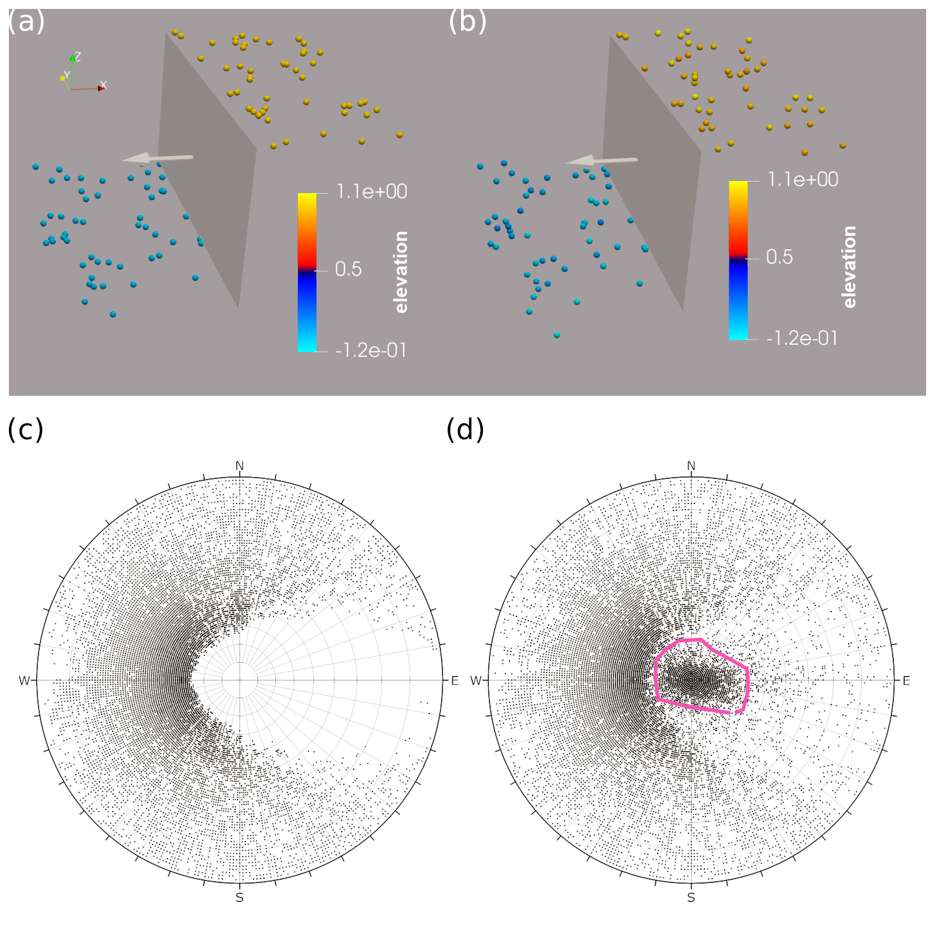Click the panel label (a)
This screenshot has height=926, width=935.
(25, 22)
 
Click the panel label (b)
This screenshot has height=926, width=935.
(467, 22)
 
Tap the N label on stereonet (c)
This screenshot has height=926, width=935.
(239, 466)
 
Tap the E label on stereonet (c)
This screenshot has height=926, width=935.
(455, 681)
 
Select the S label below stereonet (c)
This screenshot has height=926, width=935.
(239, 897)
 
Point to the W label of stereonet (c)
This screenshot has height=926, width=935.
(24, 681)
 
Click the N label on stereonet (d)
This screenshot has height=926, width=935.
(691, 466)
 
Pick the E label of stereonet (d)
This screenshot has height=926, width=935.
(906, 681)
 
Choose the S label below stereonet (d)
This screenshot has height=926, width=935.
(691, 897)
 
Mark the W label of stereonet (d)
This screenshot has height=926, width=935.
(476, 681)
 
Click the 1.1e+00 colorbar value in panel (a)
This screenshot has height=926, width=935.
(372, 191)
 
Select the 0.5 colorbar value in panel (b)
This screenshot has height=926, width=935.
(779, 257)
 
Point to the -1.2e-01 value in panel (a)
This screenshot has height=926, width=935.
(371, 350)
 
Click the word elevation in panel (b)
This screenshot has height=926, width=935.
(849, 267)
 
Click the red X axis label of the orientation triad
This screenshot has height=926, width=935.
(104, 85)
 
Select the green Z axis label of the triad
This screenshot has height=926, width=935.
(78, 57)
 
